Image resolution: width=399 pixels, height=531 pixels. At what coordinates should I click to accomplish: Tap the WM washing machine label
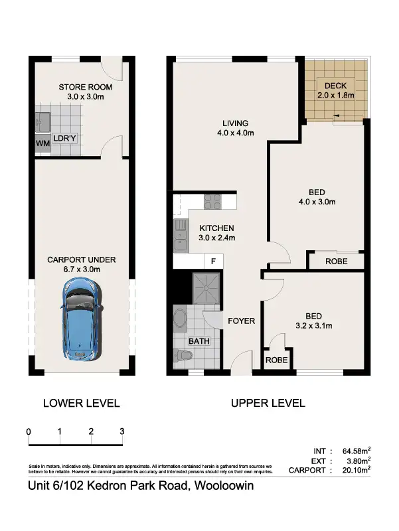[42, 143]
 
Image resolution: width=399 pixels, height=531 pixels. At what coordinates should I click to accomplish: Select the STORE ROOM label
[85, 87]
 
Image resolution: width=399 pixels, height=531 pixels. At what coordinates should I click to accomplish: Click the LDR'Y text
[66, 139]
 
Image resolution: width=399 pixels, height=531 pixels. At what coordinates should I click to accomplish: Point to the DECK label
[335, 85]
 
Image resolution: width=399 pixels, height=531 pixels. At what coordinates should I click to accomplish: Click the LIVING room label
[235, 123]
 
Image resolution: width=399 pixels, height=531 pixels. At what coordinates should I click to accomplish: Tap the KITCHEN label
[217, 228]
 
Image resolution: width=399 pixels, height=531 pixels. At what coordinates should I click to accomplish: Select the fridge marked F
[213, 262]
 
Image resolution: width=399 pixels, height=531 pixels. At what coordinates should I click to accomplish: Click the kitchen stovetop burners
[212, 200]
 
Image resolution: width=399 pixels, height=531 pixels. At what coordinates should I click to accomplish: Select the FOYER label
[241, 321]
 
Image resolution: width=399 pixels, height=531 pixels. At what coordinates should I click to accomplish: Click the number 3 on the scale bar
[122, 431]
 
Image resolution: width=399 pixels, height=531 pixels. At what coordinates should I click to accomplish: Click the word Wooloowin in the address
[224, 487]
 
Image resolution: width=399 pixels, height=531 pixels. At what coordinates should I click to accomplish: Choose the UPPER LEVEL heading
[268, 403]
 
